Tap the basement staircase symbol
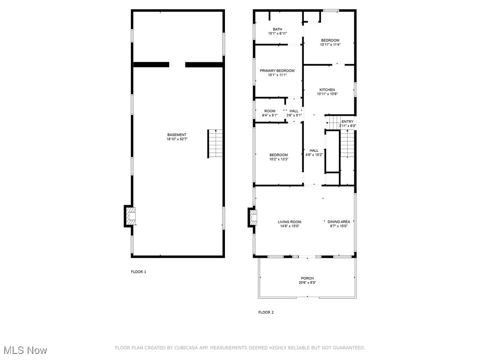pyautogui.click(x=215, y=143)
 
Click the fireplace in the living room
pyautogui.click(x=253, y=216)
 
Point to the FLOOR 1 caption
pyautogui.click(x=138, y=272)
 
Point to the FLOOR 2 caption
pyautogui.click(x=266, y=312)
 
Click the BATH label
pyautogui.click(x=277, y=30)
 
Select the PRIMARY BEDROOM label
pyautogui.click(x=277, y=71)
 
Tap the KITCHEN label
pyautogui.click(x=327, y=90)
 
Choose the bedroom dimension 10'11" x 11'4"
pyautogui.click(x=330, y=45)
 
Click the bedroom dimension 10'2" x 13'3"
pyautogui.click(x=278, y=159)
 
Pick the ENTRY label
pyautogui.click(x=347, y=121)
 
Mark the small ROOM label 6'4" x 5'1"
pyautogui.click(x=270, y=111)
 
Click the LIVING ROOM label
pyautogui.click(x=289, y=222)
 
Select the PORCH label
pyautogui.click(x=307, y=278)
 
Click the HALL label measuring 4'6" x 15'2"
pyautogui.click(x=314, y=150)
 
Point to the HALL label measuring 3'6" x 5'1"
pyautogui.click(x=294, y=111)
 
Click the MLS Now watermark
pyautogui.click(x=25, y=350)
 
